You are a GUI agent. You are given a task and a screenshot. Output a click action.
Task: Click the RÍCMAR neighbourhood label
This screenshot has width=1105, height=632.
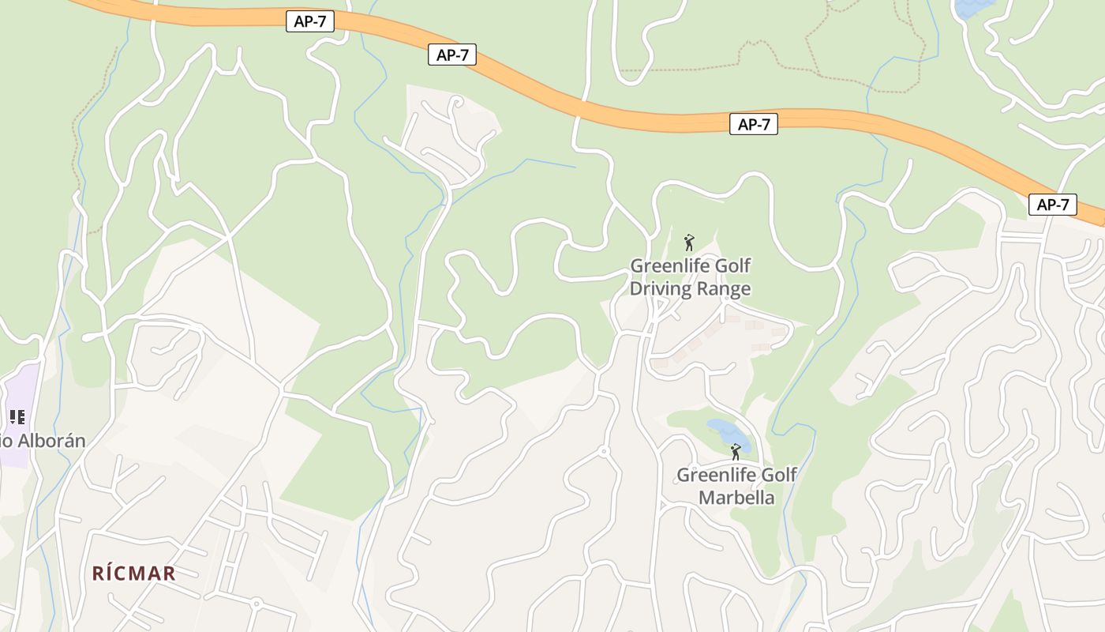coord(134,574)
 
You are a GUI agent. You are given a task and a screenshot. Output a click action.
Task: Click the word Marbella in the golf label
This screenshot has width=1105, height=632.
coord(736,498)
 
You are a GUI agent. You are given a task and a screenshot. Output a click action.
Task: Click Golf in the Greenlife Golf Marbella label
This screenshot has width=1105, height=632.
coord(778,476)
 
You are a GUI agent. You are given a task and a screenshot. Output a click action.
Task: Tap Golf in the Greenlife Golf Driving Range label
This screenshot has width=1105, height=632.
coord(731,266)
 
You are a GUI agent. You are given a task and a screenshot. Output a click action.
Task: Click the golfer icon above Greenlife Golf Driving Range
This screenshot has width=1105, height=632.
coord(689,243)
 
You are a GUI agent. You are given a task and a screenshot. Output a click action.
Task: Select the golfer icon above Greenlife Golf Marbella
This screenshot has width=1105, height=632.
coord(736,452)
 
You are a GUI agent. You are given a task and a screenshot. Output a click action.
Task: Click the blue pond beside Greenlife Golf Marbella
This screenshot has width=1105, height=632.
coord(728,434)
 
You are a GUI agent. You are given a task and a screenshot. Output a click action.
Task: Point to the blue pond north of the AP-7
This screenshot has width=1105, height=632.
coord(972,8)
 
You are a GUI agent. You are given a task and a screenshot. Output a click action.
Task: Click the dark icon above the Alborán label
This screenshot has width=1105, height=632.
coord(17,417)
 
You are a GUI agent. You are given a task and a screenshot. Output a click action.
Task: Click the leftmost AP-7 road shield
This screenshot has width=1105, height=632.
coord(310,22)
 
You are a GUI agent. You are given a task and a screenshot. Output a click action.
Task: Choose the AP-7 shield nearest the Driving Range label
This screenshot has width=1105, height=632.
coord(753,124)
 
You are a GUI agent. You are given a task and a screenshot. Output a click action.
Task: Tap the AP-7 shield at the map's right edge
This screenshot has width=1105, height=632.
coord(1053,205)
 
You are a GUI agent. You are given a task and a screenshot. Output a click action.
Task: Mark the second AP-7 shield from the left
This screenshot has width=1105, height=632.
coord(452,55)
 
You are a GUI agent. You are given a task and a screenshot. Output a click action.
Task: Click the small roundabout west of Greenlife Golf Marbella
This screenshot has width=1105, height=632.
coord(604,452)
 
